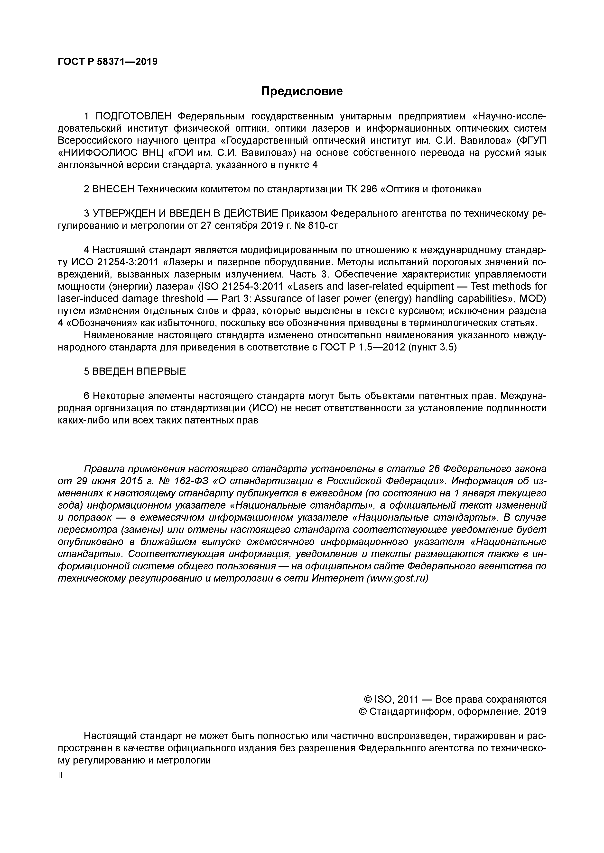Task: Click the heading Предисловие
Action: (x=302, y=91)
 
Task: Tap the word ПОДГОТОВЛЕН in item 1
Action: (x=133, y=116)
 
